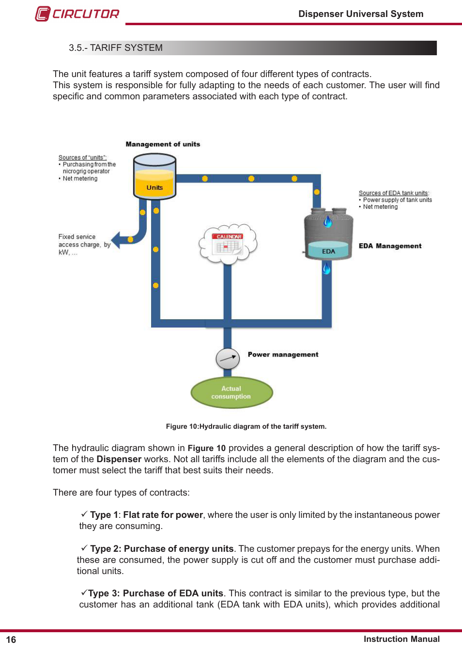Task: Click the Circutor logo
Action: click(77, 14)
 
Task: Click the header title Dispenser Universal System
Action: click(361, 14)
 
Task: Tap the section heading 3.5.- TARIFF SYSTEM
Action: click(116, 47)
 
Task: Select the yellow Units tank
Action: click(154, 177)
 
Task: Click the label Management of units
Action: click(163, 144)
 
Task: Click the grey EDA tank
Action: click(328, 234)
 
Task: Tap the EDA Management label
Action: click(390, 246)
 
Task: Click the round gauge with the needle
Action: click(228, 358)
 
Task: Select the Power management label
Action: click(283, 355)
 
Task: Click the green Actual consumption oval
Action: click(231, 392)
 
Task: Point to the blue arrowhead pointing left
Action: click(116, 240)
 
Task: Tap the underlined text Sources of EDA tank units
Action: click(394, 193)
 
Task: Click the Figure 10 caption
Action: click(246, 426)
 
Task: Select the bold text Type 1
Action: click(104, 514)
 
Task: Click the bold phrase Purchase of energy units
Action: click(179, 548)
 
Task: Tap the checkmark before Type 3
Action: click(84, 592)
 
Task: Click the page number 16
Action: click(11, 639)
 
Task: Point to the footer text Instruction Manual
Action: click(401, 639)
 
